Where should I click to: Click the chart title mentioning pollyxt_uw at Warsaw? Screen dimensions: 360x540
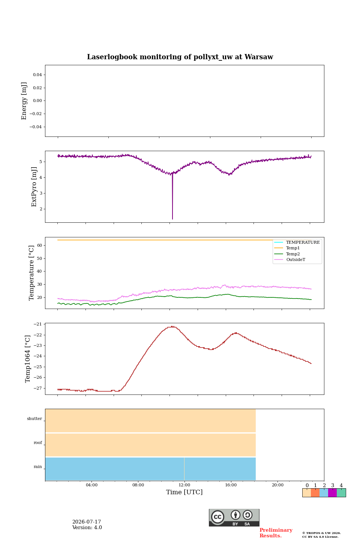click(180, 57)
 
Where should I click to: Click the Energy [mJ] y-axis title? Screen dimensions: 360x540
click(24, 101)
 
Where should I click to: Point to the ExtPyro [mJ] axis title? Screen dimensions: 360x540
click(34, 187)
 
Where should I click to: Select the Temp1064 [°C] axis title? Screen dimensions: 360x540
click(27, 359)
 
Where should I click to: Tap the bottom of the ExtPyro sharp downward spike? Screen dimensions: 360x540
click(172, 219)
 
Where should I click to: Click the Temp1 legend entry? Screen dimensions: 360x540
click(293, 248)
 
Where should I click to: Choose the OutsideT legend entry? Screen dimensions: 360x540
click(295, 259)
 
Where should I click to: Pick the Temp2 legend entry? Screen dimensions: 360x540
click(293, 254)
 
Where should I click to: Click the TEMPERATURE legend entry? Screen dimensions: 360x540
click(303, 242)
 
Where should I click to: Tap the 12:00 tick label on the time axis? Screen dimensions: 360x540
click(184, 485)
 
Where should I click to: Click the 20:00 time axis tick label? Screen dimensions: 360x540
click(277, 485)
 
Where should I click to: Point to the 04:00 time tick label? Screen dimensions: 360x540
click(91, 485)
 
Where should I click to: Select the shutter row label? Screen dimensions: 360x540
click(34, 418)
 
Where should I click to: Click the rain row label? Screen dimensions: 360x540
click(37, 466)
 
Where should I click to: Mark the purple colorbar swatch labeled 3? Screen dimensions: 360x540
click(332, 493)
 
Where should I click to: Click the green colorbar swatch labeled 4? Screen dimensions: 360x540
click(341, 493)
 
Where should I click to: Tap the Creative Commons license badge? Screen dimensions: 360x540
click(234, 517)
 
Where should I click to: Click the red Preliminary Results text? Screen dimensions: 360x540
click(276, 533)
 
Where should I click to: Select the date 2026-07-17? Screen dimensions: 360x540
click(87, 522)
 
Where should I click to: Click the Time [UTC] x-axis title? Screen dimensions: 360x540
click(184, 492)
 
